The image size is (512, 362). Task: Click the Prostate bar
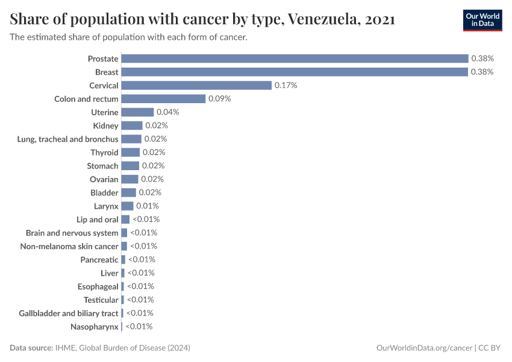(x=295, y=59)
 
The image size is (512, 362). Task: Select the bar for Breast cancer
(x=295, y=72)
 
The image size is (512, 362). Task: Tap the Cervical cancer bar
(x=196, y=86)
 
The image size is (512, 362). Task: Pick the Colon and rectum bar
(x=163, y=99)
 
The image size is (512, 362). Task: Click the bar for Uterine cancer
(x=137, y=112)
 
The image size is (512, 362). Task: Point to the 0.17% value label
(x=286, y=86)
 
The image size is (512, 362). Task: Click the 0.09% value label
(x=220, y=99)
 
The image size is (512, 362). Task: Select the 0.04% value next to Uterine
(x=167, y=112)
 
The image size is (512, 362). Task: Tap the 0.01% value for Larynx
(x=148, y=206)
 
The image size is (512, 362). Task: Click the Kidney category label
(x=105, y=125)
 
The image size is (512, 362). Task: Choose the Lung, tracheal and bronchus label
(x=68, y=139)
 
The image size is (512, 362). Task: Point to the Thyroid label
(x=104, y=153)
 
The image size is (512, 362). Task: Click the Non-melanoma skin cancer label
(x=69, y=246)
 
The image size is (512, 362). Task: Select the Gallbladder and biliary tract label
(x=69, y=313)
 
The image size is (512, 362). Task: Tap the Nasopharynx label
(x=94, y=326)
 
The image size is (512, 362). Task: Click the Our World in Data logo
(x=482, y=20)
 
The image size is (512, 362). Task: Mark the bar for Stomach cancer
(x=130, y=166)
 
